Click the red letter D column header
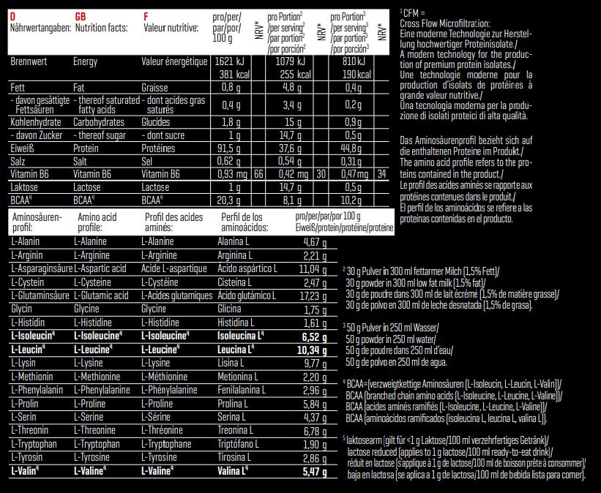[13, 16]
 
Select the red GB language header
[81, 16]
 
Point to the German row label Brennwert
[29, 62]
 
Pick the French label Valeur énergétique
[173, 62]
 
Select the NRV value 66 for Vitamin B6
[258, 174]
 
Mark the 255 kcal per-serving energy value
[293, 74]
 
